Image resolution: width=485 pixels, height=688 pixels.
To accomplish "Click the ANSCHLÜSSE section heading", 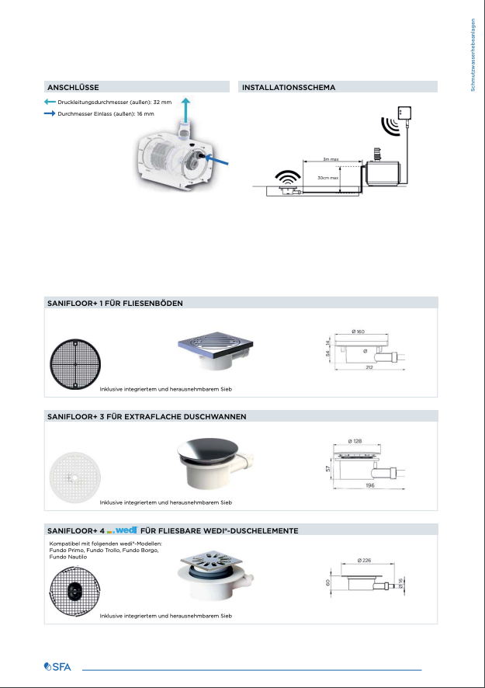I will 73,87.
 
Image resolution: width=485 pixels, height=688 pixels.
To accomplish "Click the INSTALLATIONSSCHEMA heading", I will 289,87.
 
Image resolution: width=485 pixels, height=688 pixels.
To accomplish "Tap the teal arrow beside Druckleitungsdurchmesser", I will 50,102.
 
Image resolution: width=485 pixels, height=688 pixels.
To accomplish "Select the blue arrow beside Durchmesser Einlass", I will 50,113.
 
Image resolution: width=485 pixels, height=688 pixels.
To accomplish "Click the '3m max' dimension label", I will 331,158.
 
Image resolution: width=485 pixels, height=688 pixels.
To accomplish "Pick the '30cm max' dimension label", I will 328,178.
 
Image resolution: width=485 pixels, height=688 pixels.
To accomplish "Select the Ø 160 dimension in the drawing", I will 358,332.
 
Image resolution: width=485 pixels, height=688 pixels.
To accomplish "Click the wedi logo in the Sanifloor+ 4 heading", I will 123,530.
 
